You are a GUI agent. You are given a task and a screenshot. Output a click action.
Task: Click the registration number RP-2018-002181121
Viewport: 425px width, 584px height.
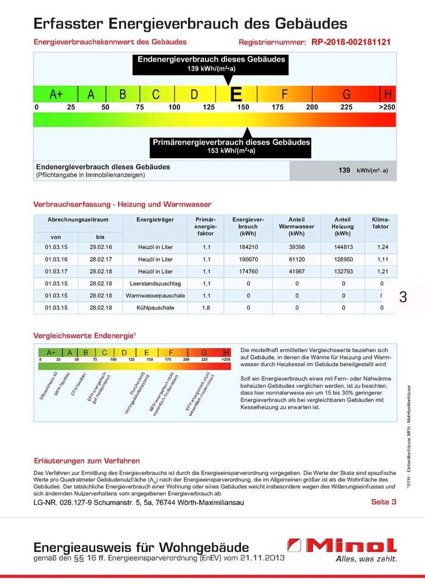351,43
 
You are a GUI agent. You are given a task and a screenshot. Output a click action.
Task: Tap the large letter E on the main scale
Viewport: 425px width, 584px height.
236,94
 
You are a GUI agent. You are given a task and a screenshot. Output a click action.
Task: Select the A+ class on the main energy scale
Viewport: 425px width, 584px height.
56,94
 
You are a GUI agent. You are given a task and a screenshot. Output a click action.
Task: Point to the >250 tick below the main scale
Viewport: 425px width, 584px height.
387,107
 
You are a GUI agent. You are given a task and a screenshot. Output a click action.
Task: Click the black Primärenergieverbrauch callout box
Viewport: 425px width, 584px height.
231,146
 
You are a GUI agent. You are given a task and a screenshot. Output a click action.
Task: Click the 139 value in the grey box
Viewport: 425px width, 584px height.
344,171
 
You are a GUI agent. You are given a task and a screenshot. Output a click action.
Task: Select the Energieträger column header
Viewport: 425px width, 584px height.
155,219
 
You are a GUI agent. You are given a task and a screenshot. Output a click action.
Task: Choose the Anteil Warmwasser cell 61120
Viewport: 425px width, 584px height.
297,259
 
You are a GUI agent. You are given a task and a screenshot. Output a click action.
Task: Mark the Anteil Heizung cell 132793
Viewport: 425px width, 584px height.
343,271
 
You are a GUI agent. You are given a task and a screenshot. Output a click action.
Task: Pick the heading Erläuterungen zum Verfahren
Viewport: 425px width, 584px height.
86,461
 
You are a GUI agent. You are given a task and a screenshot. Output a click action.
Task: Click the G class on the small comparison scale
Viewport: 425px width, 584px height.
204,352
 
